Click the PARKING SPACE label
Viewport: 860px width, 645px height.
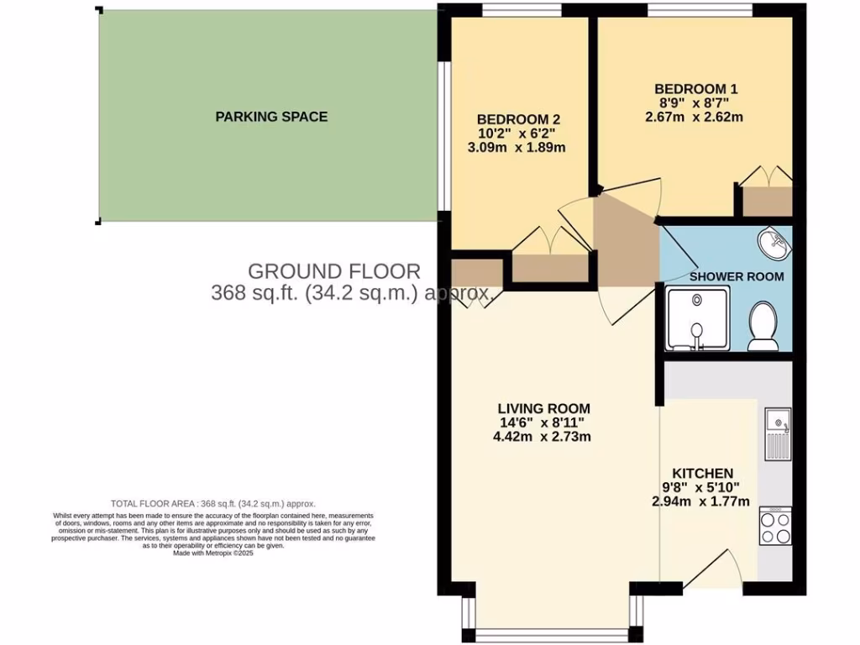point(271,117)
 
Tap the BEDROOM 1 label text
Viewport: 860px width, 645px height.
point(696,88)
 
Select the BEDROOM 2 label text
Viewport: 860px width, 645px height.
point(518,118)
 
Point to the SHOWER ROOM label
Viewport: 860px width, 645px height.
point(737,276)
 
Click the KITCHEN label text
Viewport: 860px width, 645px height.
point(696,474)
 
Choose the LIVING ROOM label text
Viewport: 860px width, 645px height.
point(546,408)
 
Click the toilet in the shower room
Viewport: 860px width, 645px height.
point(763,327)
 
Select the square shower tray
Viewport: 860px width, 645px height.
point(697,318)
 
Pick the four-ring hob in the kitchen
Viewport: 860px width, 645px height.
point(774,527)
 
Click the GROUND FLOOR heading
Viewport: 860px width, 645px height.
point(333,271)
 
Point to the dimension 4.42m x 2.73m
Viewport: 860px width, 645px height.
point(546,438)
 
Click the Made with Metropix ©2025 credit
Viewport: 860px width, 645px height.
point(212,553)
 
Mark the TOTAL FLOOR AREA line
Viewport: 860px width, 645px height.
point(212,504)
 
